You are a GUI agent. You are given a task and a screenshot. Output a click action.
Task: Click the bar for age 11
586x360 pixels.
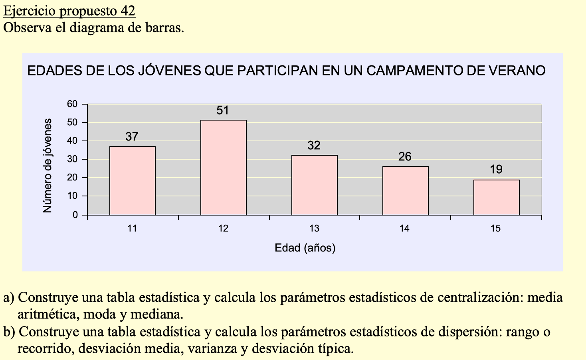(133, 181)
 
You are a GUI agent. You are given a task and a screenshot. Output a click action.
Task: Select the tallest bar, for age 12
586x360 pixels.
(224, 168)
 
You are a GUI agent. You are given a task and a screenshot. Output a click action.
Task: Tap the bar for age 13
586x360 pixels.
(315, 185)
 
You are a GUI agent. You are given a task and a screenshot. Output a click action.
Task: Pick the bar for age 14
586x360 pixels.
(406, 191)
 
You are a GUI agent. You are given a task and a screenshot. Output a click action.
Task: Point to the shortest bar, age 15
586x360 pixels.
(497, 198)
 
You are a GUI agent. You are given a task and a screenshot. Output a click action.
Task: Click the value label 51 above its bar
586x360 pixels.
(223, 111)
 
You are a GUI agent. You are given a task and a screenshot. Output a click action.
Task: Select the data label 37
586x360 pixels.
(132, 137)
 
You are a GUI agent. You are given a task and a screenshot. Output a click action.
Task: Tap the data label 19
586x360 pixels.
(496, 170)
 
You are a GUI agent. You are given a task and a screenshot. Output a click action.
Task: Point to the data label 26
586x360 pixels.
(405, 156)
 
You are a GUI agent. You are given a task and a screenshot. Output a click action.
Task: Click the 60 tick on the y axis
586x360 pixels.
(72, 104)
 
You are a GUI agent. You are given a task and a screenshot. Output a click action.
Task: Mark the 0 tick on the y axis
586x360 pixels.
(75, 215)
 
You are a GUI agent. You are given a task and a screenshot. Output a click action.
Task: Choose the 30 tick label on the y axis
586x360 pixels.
(72, 159)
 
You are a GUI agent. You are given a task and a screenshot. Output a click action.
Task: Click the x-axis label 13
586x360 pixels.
(314, 229)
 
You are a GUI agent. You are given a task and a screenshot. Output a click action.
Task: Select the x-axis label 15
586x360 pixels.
(495, 229)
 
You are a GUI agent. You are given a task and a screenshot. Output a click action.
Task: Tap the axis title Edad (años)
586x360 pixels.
(305, 248)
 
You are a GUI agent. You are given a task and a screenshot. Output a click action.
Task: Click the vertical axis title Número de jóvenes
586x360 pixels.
(48, 166)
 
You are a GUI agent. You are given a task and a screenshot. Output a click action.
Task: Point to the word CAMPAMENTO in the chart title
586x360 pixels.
(425, 71)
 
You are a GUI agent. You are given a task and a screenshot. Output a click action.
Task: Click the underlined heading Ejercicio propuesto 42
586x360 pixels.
(69, 11)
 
